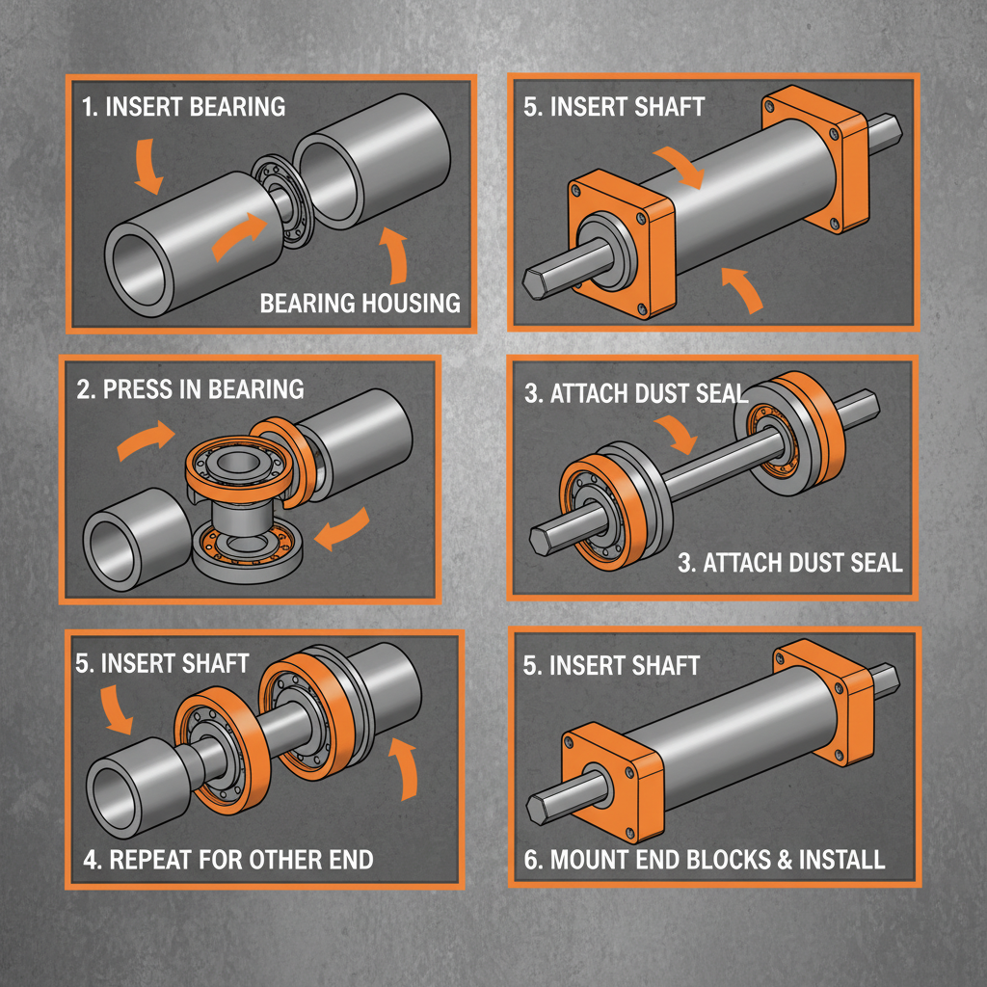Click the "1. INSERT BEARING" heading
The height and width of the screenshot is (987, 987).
click(183, 106)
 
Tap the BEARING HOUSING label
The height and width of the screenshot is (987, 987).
click(360, 304)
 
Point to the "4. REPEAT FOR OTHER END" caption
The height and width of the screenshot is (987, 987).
click(227, 859)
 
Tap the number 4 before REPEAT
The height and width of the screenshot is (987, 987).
click(89, 859)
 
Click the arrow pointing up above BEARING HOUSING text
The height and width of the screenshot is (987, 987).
click(394, 251)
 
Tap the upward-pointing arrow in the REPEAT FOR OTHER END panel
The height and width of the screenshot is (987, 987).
click(406, 767)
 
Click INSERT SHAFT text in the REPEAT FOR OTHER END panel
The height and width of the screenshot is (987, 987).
click(162, 663)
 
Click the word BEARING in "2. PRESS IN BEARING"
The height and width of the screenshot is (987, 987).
click(254, 389)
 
